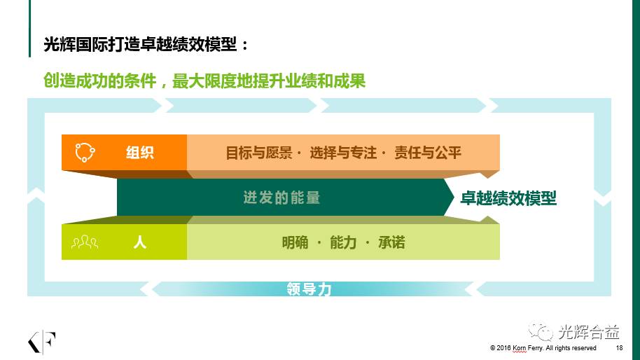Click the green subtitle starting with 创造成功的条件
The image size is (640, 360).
204,81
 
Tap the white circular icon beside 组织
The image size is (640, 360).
85,153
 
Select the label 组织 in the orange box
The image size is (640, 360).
139,153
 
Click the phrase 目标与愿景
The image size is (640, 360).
259,153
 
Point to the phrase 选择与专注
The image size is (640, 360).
343,153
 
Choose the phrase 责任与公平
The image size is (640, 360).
427,153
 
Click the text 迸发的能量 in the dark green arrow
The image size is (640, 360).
281,198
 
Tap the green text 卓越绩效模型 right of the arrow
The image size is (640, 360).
508,198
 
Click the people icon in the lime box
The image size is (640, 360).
85,242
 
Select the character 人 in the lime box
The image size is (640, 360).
139,242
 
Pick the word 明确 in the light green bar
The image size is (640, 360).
295,242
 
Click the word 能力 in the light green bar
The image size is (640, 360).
343,242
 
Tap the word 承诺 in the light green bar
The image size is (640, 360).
391,242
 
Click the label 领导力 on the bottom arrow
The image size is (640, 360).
309,289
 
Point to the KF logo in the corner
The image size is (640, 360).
41,342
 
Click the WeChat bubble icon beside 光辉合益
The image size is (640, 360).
541,331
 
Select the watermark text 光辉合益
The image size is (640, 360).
589,332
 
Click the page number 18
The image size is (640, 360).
619,348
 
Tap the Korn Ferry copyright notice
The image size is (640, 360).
543,348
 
